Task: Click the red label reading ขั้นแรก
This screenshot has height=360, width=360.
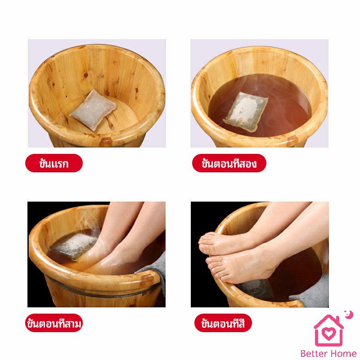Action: (54, 163)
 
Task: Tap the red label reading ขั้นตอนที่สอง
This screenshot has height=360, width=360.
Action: (229, 163)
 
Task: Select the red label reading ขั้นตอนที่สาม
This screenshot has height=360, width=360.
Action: (54, 323)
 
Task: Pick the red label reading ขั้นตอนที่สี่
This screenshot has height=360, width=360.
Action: (223, 323)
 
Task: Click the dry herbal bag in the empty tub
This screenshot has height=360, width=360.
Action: (93, 110)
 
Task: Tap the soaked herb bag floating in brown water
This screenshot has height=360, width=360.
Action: (246, 112)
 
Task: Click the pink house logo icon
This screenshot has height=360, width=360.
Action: (329, 330)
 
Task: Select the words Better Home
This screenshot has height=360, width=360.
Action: (328, 353)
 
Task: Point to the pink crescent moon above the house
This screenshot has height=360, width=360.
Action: (349, 315)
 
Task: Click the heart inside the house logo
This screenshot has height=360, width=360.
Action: (329, 333)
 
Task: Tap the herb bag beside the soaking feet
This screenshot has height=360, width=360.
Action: (73, 246)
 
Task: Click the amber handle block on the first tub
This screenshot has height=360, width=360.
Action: (106, 141)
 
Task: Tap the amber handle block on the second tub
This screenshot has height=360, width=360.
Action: (292, 140)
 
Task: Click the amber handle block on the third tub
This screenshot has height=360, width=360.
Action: (147, 279)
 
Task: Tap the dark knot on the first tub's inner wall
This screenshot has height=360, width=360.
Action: (86, 75)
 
